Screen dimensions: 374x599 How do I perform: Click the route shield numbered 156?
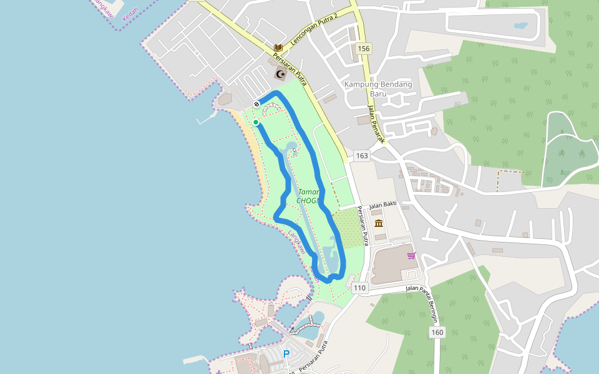pos(364,48)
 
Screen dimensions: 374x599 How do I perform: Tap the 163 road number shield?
pos(361,155)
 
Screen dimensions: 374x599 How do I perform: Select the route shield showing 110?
pos(359,288)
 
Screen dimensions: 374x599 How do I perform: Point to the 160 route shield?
pos(437,332)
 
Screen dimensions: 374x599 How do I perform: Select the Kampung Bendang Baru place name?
pos(379,89)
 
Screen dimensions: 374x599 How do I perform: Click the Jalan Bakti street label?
pos(383,205)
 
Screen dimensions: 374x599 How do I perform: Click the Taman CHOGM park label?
pos(309,196)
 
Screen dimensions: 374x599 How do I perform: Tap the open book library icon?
pos(279,47)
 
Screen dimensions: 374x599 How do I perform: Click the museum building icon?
pos(379,223)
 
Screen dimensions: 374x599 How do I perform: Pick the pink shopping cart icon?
pos(411,255)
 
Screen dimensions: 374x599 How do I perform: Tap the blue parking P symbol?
pos(286,353)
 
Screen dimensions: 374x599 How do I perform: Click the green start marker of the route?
pos(256,123)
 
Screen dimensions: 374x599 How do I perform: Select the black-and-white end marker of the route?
pos(256,104)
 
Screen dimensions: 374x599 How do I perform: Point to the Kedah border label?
pos(130,14)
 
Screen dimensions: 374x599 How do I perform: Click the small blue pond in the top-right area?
pos(520,26)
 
